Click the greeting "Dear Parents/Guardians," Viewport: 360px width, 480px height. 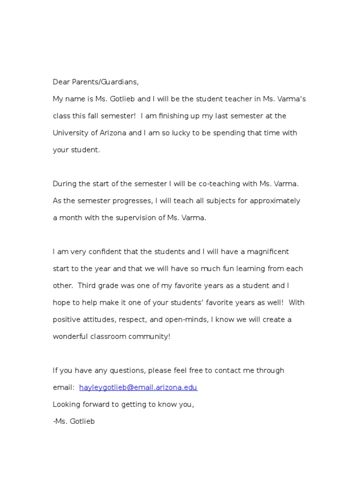click(x=96, y=82)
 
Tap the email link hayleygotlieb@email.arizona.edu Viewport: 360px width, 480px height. click(x=138, y=388)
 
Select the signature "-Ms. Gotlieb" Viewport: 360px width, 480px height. click(x=74, y=421)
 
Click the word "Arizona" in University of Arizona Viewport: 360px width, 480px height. click(x=113, y=133)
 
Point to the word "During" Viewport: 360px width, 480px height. click(x=64, y=184)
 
